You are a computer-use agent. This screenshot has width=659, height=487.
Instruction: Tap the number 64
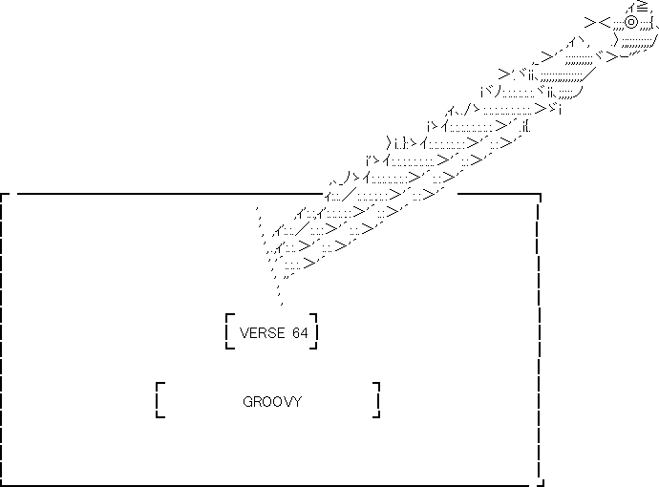point(300,333)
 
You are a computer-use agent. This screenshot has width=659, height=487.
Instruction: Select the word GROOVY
point(272,402)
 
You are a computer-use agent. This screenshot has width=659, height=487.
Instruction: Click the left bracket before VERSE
point(229,331)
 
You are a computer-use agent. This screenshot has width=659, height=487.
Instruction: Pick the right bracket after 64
point(314,331)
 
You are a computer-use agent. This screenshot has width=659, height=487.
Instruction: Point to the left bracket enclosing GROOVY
point(159,401)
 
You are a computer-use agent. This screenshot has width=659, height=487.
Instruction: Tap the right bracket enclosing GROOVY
point(377,401)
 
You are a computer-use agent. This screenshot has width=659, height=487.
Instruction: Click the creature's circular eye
point(631,21)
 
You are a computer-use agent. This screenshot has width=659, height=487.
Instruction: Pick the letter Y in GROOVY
point(297,402)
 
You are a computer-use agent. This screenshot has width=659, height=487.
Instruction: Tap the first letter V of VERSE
point(244,333)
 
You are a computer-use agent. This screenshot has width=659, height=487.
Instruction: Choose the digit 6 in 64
point(295,333)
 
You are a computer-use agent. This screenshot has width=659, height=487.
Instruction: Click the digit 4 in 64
point(305,333)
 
